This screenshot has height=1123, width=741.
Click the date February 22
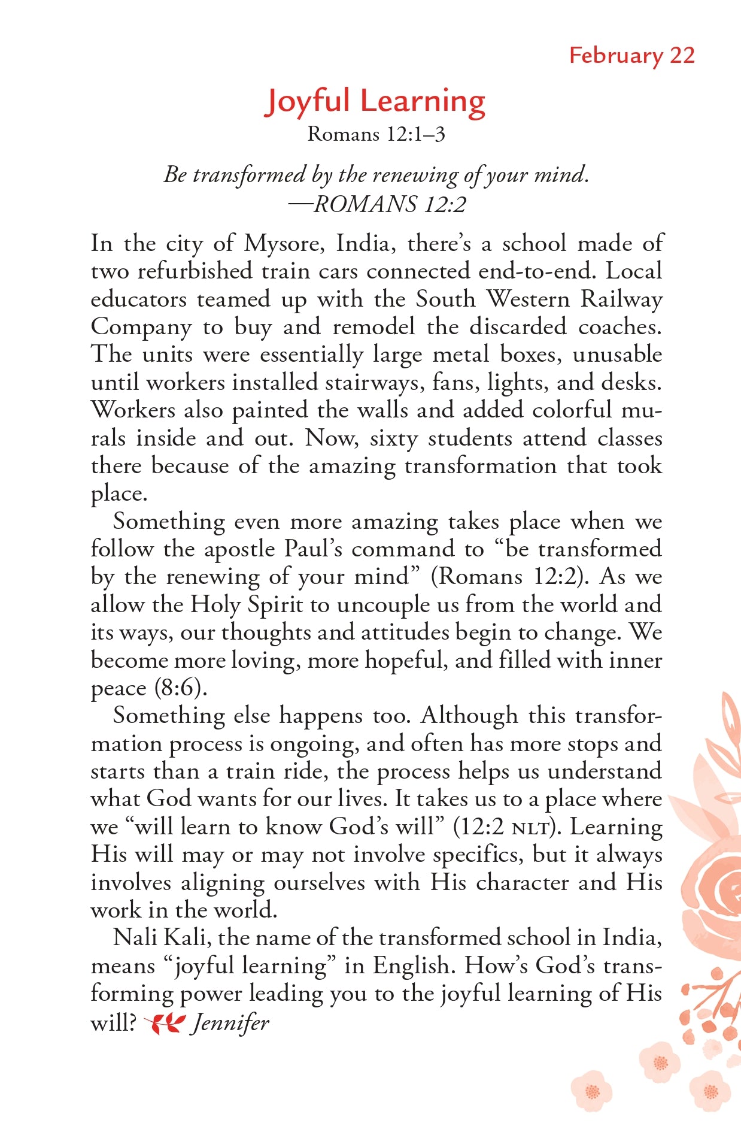[631, 56]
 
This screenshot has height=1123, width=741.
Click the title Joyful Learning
[375, 102]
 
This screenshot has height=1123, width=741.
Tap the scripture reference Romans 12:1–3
[376, 134]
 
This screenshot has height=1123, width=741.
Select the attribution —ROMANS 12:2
[376, 205]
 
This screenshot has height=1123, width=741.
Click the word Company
[141, 328]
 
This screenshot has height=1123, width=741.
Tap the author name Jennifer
[230, 1023]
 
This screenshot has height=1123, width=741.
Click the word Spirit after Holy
[275, 605]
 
